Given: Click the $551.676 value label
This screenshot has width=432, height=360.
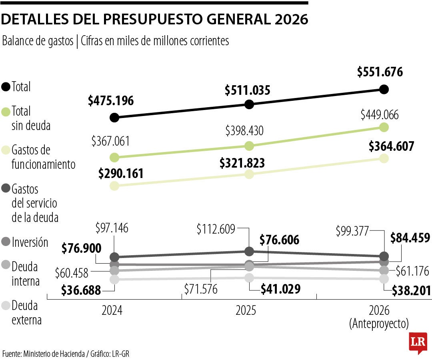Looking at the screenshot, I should pyautogui.click(x=380, y=72).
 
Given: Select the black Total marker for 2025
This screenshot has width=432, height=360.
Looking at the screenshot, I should pyautogui.click(x=249, y=104).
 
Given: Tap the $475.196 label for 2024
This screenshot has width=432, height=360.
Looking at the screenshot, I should pyautogui.click(x=111, y=100).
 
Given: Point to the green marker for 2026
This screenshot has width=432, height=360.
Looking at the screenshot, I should pyautogui.click(x=384, y=127).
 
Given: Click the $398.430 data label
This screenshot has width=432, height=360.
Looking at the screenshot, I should pyautogui.click(x=244, y=131).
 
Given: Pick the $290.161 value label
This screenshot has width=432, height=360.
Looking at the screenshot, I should pyautogui.click(x=121, y=174).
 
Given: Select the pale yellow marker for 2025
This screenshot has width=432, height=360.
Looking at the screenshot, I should pyautogui.click(x=249, y=174).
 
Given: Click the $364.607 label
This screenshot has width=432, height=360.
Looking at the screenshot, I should pyautogui.click(x=391, y=146).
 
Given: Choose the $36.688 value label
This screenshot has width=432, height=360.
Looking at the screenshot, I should pyautogui.click(x=81, y=290).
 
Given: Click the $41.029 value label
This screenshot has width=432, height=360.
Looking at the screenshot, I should pyautogui.click(x=280, y=289).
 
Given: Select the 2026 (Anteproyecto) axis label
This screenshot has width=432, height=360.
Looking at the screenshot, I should pyautogui.click(x=379, y=316).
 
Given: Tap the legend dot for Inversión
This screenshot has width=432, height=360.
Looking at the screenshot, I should pyautogui.click(x=6, y=242).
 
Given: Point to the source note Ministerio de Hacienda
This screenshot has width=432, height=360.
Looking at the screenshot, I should pyautogui.click(x=54, y=354).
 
